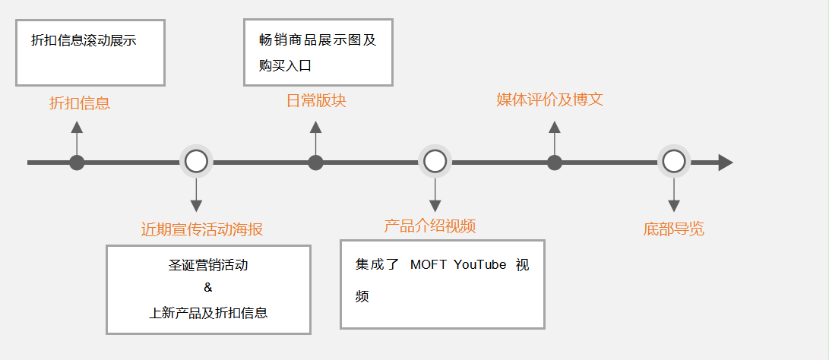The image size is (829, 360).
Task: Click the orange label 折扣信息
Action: [80, 103]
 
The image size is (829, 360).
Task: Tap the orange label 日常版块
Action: [316, 101]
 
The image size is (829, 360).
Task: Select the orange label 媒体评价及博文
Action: [550, 99]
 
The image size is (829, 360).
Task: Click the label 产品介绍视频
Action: [430, 226]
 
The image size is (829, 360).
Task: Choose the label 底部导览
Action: [673, 229]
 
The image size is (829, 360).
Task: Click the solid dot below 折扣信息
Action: [77, 163]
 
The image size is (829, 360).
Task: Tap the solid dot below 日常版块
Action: [316, 163]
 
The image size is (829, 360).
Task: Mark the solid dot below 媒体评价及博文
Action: [555, 163]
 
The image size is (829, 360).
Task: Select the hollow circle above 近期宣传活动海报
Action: [196, 162]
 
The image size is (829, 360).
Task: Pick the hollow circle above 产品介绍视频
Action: [435, 162]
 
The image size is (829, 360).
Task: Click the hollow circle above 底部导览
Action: [674, 162]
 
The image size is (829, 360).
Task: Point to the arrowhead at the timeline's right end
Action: [725, 163]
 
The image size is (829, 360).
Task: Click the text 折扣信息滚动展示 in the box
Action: [84, 41]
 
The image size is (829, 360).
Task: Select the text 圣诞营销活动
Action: [208, 266]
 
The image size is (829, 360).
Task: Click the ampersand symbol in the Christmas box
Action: [208, 288]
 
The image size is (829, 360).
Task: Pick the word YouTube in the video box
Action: [479, 264]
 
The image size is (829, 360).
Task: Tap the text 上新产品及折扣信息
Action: [208, 312]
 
